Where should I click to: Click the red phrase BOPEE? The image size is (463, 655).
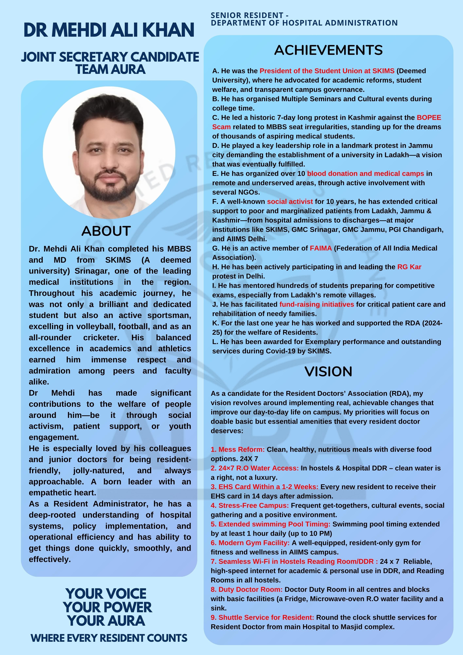[x=429, y=118]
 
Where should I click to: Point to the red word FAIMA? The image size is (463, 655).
[x=321, y=248]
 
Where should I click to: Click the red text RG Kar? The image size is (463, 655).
[x=409, y=267]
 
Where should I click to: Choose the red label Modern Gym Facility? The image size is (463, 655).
[x=250, y=543]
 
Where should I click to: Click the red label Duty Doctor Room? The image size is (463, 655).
[x=246, y=589]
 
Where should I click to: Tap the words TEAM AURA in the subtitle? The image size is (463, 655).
[x=110, y=69]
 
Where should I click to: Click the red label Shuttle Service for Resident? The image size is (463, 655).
[x=262, y=617]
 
